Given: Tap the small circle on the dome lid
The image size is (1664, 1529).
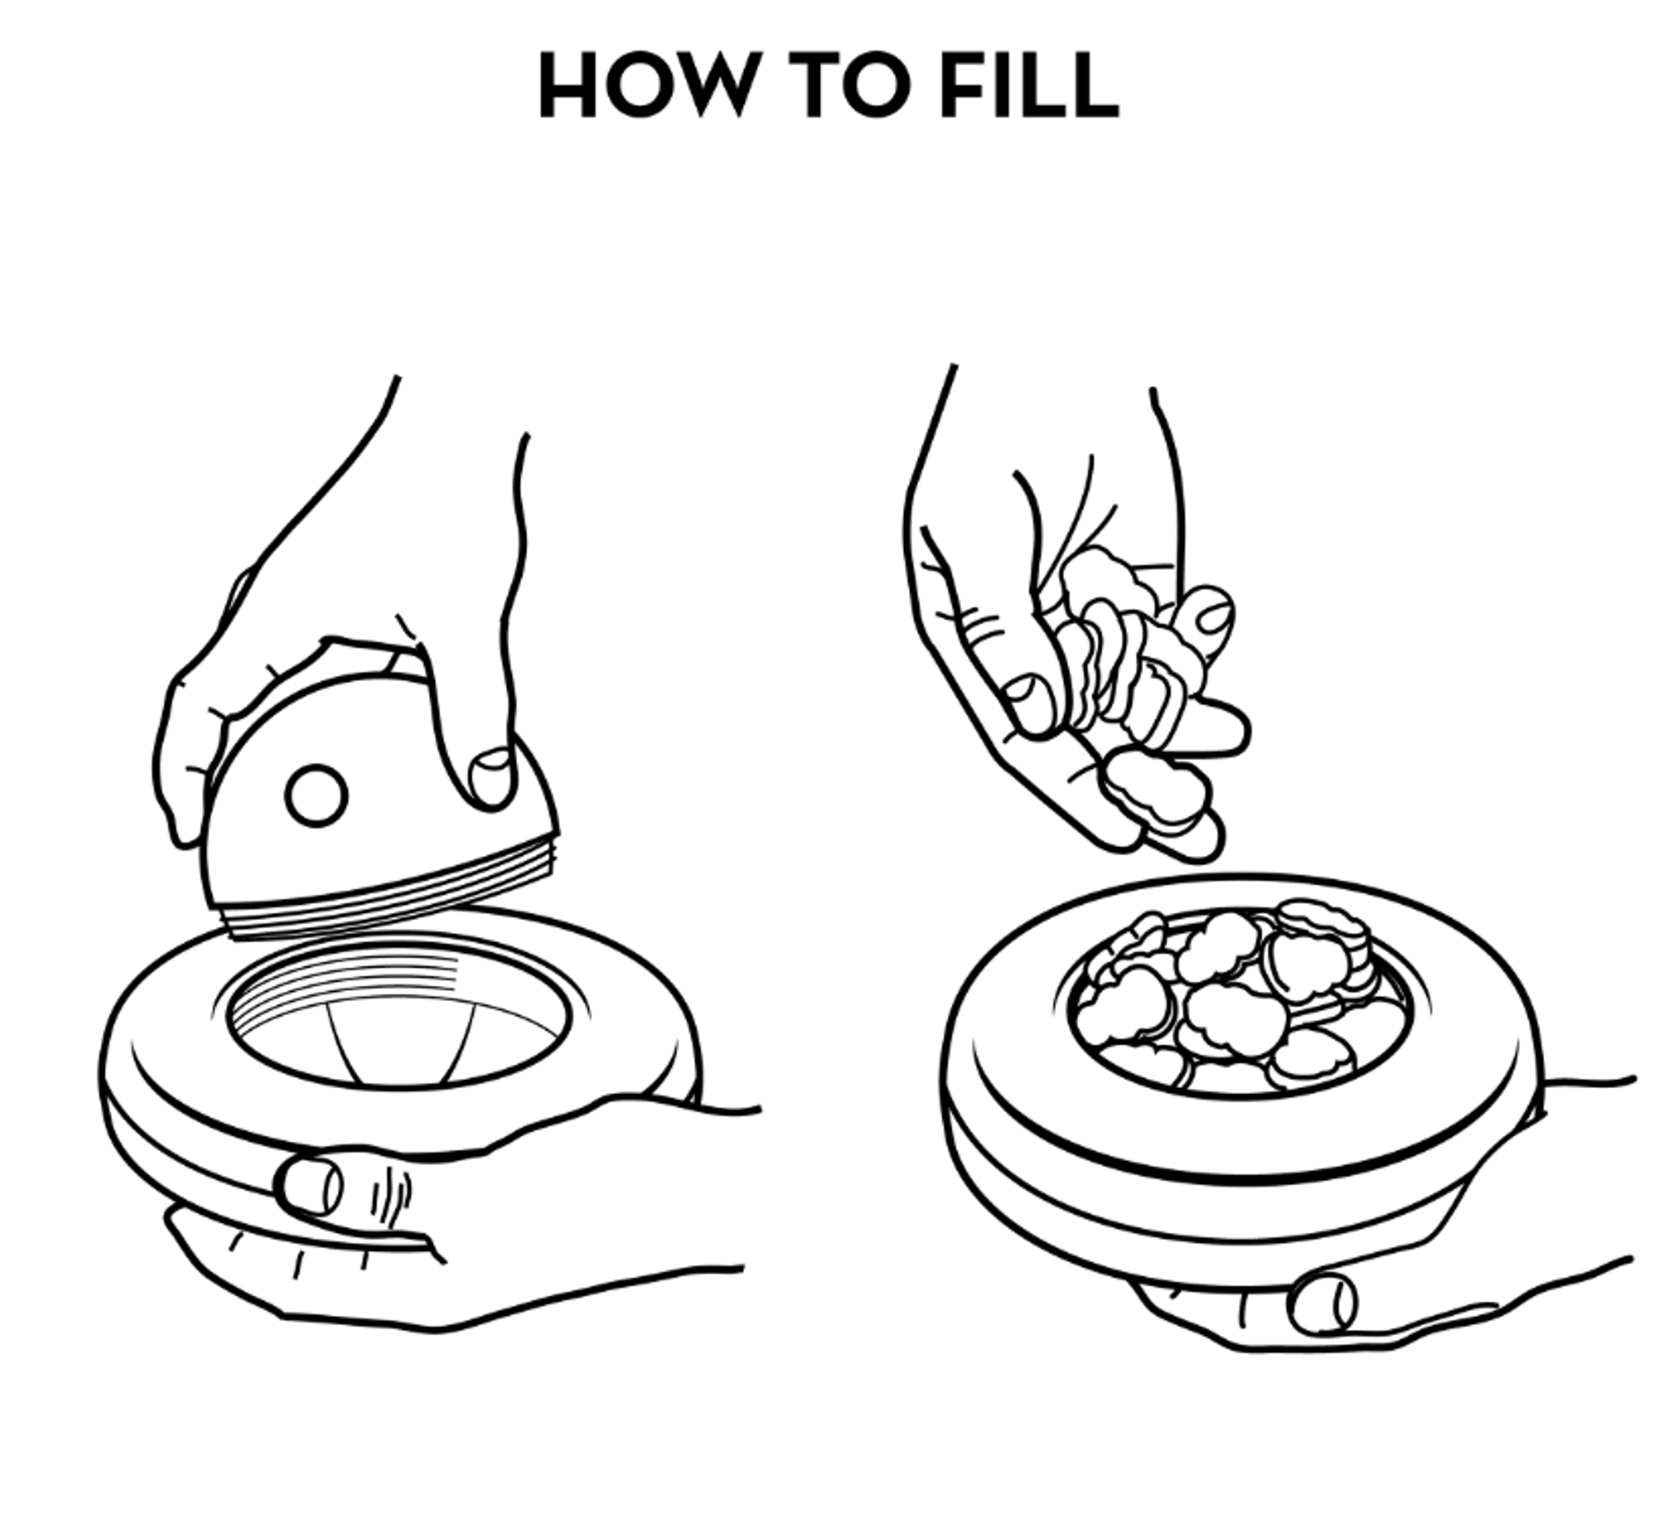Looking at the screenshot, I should click(x=315, y=795).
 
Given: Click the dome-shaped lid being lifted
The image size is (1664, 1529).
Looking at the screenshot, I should click(x=381, y=780).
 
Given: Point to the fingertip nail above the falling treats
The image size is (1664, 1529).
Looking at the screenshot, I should click(x=1211, y=617).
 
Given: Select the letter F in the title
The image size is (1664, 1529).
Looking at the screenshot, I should click(x=962, y=85).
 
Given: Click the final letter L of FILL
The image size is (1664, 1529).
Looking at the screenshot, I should click(x=1096, y=85).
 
